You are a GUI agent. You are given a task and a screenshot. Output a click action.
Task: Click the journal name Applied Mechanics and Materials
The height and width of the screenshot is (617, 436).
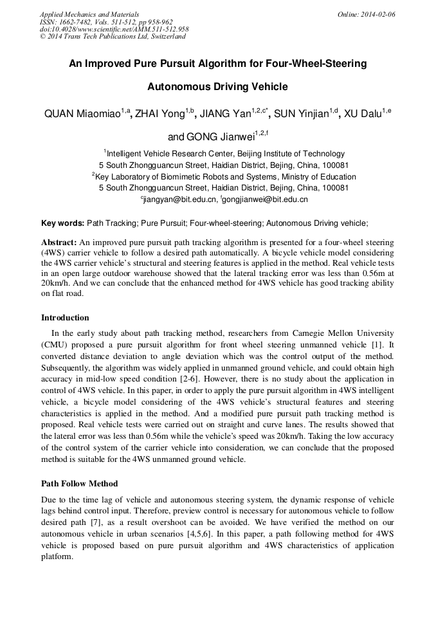point(89,14)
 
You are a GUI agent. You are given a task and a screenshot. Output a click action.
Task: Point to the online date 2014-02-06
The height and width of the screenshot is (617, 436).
point(377,14)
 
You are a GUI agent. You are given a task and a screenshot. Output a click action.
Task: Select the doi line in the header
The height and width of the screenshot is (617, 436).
point(114,29)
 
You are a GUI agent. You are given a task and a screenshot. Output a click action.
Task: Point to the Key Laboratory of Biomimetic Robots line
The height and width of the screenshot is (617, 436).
point(225,177)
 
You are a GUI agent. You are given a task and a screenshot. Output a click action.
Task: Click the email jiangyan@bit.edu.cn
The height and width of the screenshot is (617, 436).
point(179,200)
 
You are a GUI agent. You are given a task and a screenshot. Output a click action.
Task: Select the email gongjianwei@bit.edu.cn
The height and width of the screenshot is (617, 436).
point(266,200)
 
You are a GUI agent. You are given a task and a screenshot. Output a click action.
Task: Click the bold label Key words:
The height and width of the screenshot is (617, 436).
point(62,223)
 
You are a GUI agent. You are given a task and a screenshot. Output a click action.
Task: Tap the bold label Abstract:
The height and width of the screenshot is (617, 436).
point(59,243)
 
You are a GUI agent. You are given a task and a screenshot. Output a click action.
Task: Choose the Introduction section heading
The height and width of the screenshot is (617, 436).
point(65,318)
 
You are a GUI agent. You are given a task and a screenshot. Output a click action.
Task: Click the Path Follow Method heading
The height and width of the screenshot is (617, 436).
point(80,483)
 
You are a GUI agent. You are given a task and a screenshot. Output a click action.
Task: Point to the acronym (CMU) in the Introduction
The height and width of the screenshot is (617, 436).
point(55,345)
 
